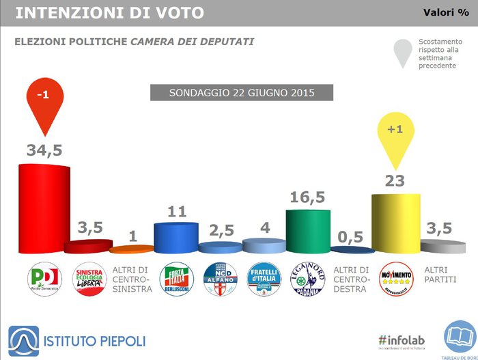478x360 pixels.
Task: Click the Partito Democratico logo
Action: (x=44, y=279)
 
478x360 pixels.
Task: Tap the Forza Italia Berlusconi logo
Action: (x=176, y=279)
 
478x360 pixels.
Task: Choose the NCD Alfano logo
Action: (x=221, y=279)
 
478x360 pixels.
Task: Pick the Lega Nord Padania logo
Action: (x=308, y=279)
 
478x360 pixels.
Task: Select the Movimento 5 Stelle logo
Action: (x=396, y=279)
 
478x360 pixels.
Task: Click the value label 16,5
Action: (x=308, y=198)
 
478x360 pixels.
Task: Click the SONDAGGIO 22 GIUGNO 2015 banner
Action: (x=232, y=92)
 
